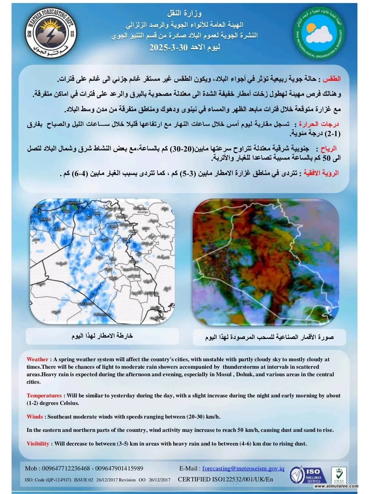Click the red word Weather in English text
point(38,359)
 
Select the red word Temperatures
point(44,395)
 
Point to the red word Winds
point(35,417)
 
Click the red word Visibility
point(38,443)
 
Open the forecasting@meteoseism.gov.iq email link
point(243,468)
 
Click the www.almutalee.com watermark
point(337,486)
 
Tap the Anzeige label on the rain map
point(142,212)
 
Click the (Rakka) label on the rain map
point(45,219)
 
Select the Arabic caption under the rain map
point(102,336)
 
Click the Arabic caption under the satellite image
point(269,337)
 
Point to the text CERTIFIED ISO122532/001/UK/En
point(225,479)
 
